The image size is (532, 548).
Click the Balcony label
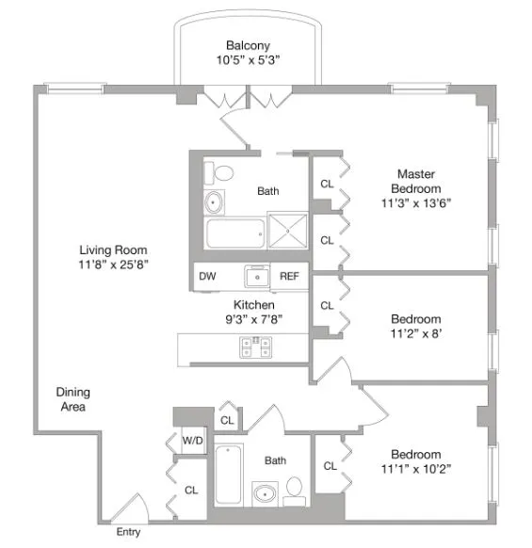(x=248, y=45)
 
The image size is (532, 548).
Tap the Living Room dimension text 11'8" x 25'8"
(x=113, y=265)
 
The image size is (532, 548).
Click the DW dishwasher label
(x=206, y=277)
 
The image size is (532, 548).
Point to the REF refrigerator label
(x=289, y=277)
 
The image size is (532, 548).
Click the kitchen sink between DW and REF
(x=254, y=276)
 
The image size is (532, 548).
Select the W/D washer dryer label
(x=191, y=440)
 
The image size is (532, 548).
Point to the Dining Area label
(x=71, y=399)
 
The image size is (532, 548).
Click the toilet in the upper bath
(x=222, y=173)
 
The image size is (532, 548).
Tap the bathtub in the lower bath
(x=229, y=474)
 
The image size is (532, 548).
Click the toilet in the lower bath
(x=295, y=488)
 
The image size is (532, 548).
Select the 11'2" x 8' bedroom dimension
(x=416, y=333)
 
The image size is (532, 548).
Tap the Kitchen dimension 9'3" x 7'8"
(x=253, y=319)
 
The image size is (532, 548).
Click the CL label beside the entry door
(x=191, y=490)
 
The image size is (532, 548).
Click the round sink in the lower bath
(x=264, y=492)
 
